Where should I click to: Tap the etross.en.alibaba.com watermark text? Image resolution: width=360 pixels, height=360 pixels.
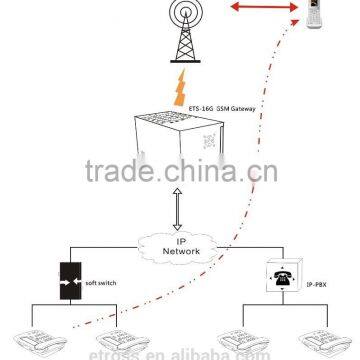pyautogui.click(x=180, y=352)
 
